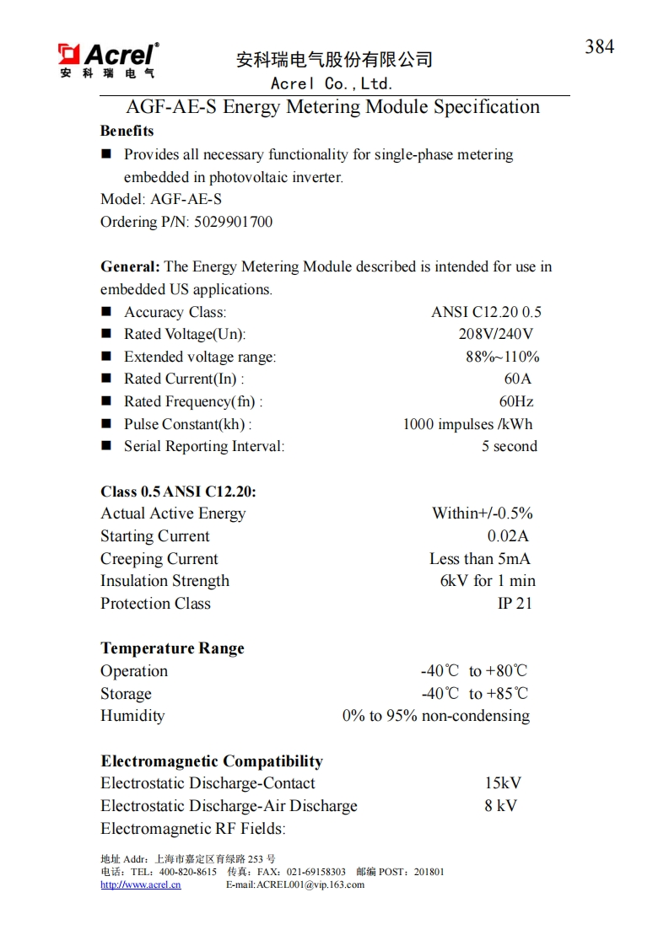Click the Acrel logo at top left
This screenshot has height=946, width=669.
click(107, 61)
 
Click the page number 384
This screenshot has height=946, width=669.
click(599, 47)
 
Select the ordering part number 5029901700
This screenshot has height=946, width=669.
click(234, 222)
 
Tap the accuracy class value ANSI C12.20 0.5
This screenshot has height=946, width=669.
click(486, 312)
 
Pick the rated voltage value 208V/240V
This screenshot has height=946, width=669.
click(495, 334)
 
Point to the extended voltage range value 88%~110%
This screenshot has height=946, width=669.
click(502, 357)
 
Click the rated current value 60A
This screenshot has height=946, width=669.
click(517, 379)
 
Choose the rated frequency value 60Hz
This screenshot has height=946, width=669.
click(515, 401)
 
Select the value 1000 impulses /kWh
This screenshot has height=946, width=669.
click(467, 424)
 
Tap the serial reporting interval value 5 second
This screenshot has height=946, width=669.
click(509, 446)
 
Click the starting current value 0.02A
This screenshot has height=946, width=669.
click(508, 536)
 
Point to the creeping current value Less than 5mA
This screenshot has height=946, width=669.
click(479, 558)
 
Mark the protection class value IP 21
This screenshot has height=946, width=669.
click(515, 604)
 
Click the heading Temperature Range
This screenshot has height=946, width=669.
click(172, 648)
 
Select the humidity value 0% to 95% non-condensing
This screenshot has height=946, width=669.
click(435, 716)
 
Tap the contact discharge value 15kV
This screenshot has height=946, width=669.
click(503, 783)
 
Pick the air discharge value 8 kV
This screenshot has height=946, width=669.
click(500, 806)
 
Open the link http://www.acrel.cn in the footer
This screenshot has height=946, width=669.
click(141, 884)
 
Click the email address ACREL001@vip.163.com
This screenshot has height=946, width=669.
click(310, 884)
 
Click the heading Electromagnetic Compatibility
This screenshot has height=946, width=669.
click(212, 761)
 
